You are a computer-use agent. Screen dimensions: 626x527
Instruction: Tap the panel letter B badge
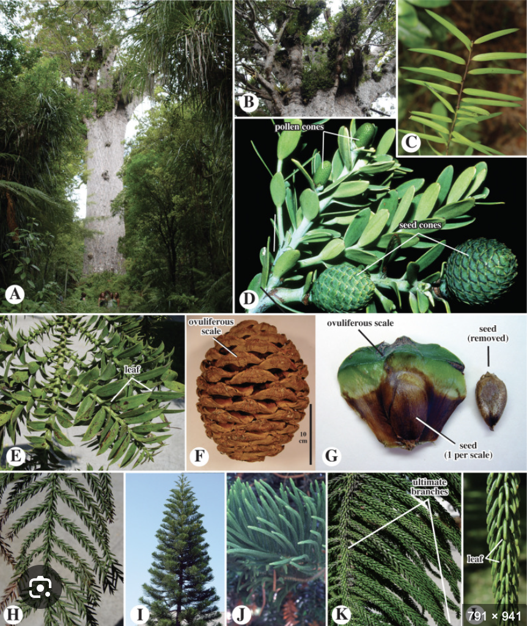point(248,103)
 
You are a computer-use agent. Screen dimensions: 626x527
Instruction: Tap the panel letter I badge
point(140,612)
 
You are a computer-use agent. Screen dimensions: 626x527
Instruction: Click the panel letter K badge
point(341,612)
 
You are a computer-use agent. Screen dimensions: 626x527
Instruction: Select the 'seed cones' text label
point(421,225)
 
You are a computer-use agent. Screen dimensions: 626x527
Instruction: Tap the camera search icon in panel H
point(40,589)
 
